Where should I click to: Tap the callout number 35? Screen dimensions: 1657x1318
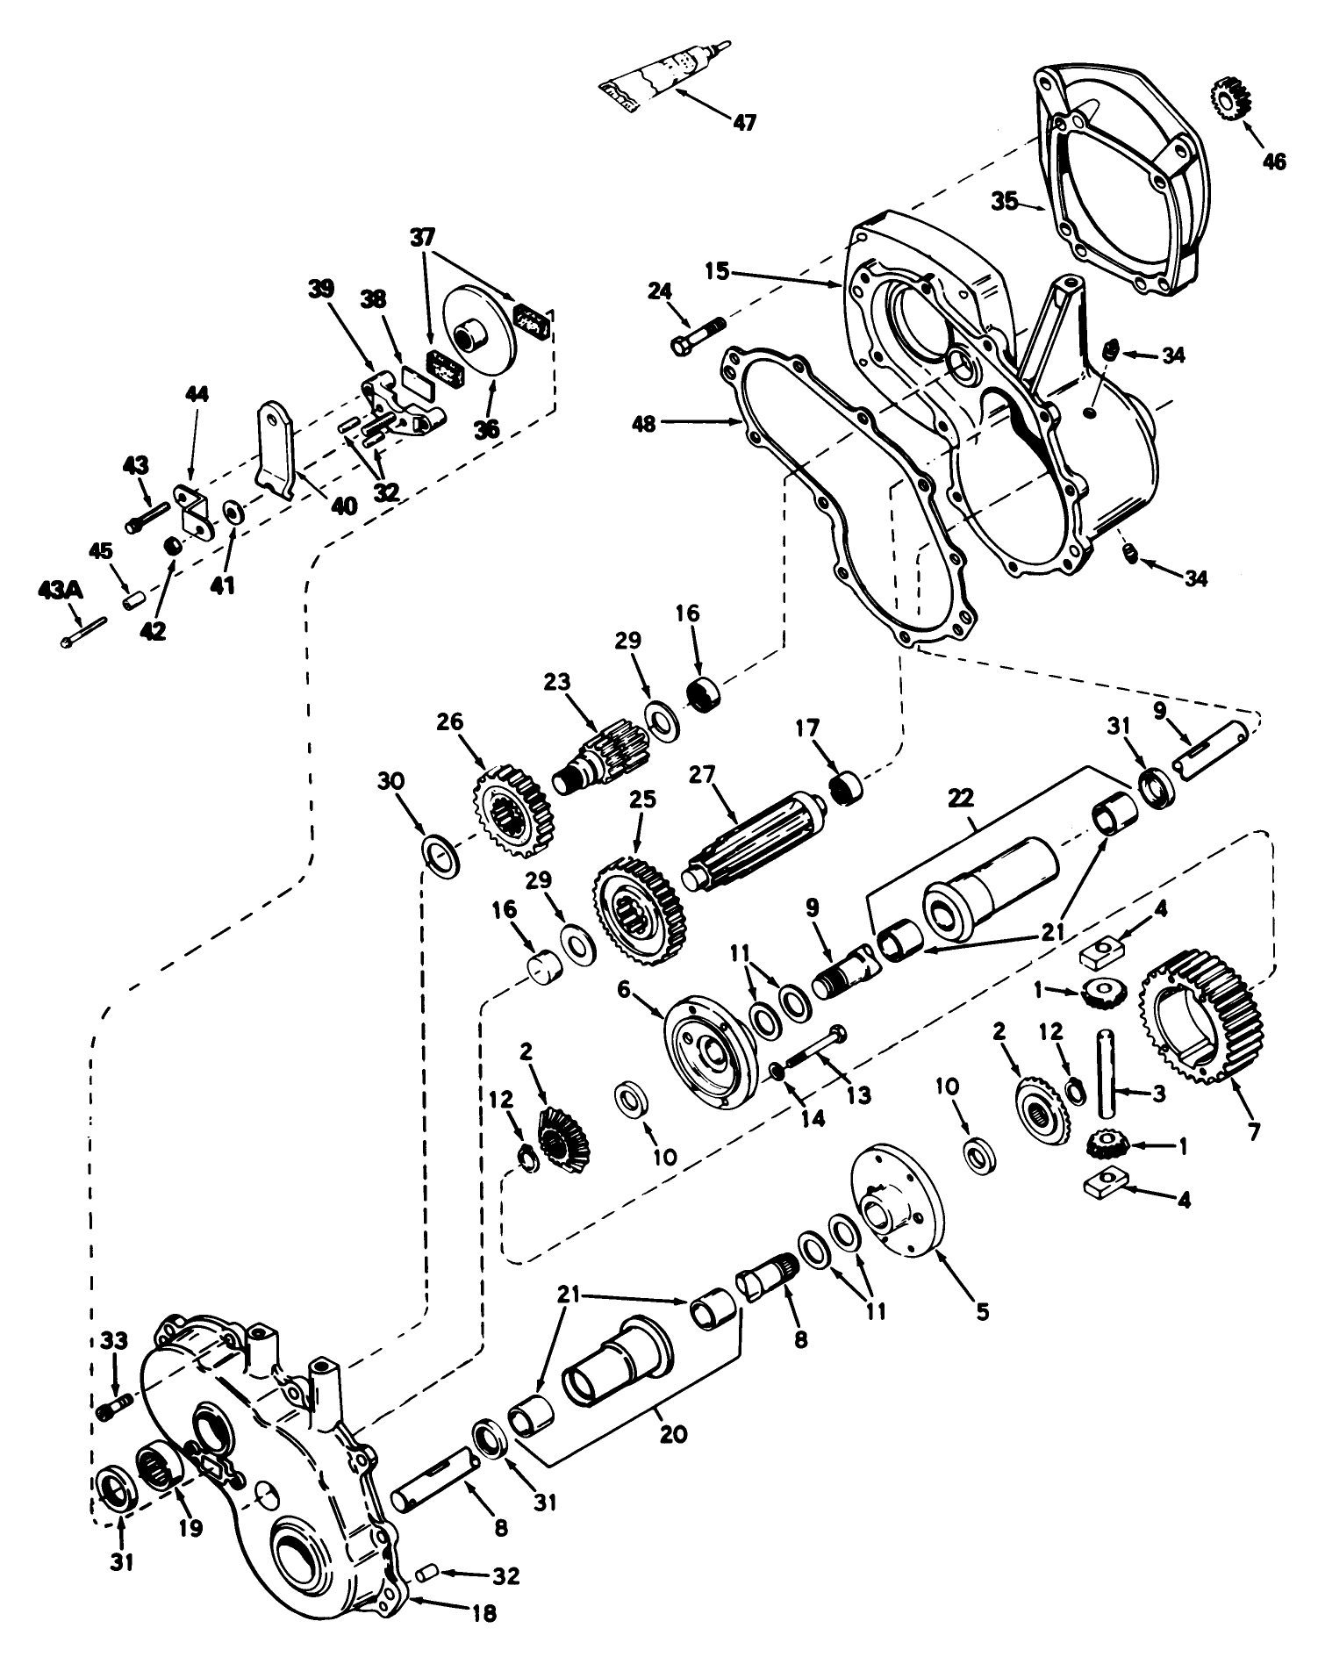[x=1005, y=201]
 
